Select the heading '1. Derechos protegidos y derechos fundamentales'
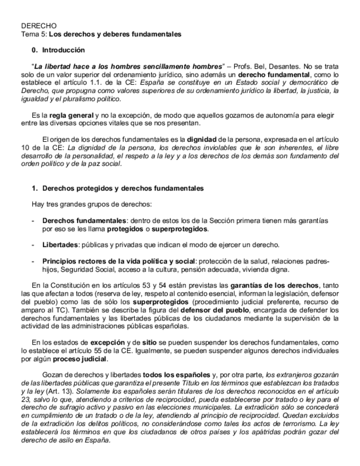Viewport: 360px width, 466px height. tap(117, 188)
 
